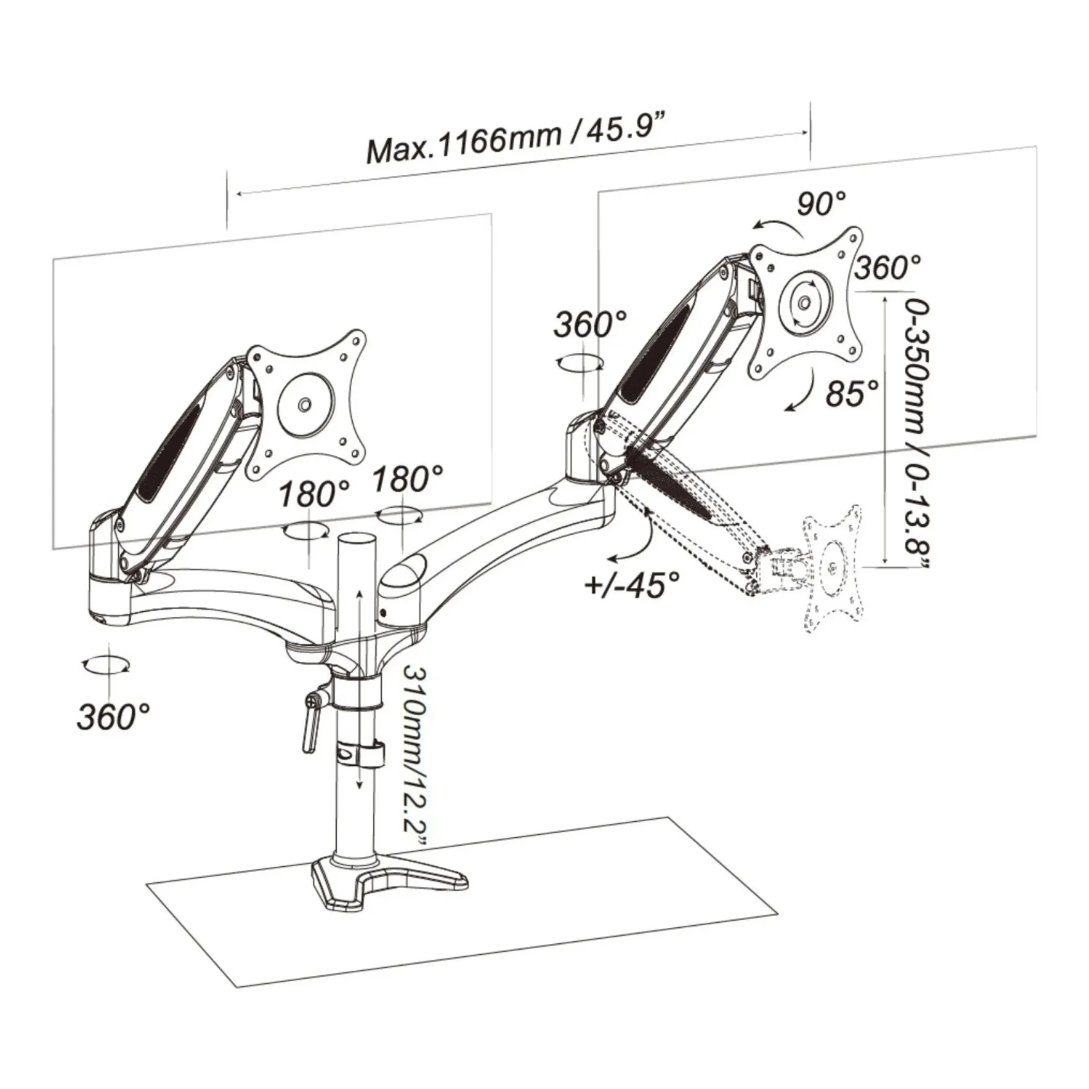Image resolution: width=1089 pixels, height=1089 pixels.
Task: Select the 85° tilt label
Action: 852,392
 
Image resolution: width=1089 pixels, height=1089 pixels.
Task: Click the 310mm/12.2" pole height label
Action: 417,765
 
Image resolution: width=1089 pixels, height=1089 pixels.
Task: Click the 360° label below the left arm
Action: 113,716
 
